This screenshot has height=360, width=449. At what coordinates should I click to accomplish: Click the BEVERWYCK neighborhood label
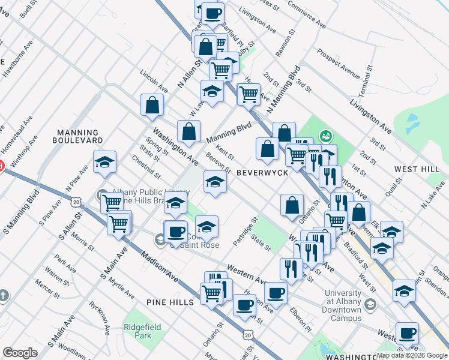pyautogui.click(x=262, y=172)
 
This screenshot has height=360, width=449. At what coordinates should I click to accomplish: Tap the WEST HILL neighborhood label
pyautogui.click(x=414, y=169)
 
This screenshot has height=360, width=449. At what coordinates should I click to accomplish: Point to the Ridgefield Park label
pyautogui.click(x=138, y=332)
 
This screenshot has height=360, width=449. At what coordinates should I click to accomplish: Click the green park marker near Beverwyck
pyautogui.click(x=325, y=136)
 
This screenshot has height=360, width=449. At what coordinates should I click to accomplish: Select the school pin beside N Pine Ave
pyautogui.click(x=104, y=162)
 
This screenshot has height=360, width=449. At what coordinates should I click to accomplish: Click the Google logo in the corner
pyautogui.click(x=20, y=353)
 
